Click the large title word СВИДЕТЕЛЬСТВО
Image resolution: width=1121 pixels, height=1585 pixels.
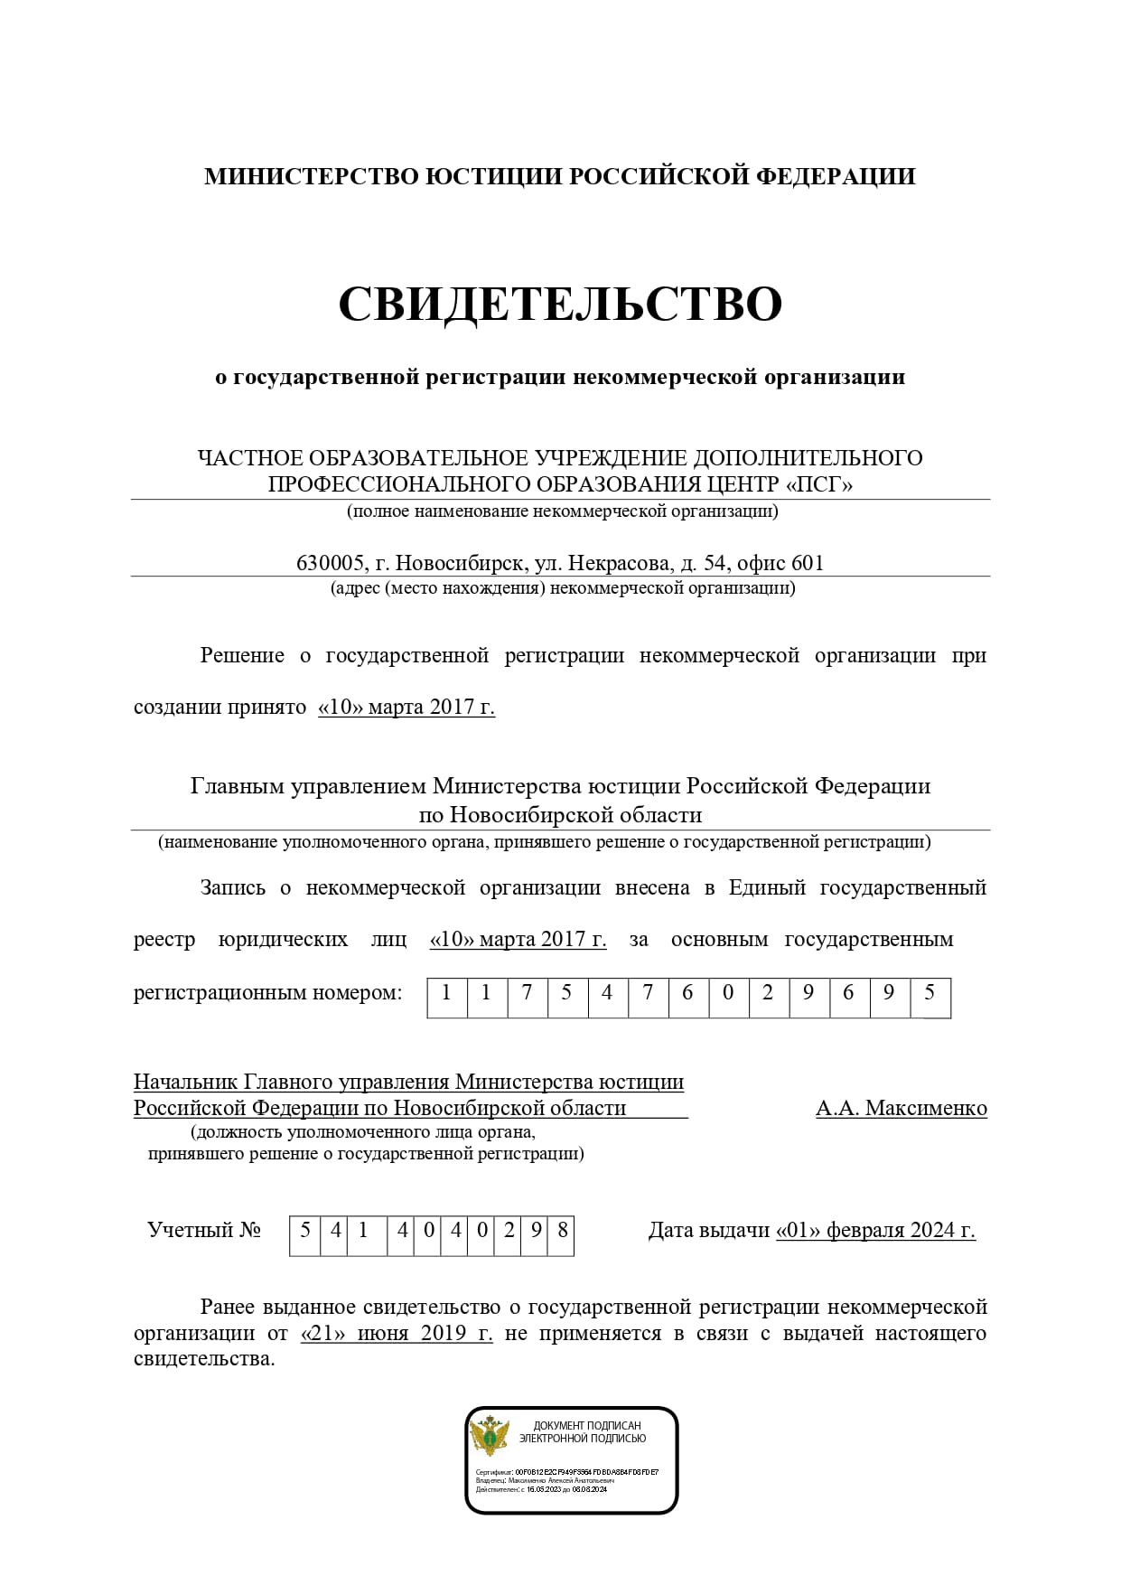(560, 304)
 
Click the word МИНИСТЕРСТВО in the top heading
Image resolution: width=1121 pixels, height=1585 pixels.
(312, 176)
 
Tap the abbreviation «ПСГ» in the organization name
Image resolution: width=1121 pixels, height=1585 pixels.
(819, 484)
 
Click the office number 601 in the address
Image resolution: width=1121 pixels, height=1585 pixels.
(808, 563)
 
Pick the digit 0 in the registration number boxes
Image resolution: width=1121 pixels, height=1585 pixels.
(728, 993)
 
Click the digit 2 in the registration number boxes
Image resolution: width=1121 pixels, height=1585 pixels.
(768, 993)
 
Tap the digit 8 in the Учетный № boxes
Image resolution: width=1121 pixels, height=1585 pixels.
(562, 1231)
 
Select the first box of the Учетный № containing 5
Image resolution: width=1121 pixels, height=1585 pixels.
(305, 1231)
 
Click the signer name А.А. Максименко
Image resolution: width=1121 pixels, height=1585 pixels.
(901, 1108)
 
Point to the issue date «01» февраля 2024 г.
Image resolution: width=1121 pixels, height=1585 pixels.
(875, 1231)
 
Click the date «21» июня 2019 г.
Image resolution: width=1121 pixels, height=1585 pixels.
(397, 1334)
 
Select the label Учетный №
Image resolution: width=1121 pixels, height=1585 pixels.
(204, 1231)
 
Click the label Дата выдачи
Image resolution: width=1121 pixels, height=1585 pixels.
(708, 1231)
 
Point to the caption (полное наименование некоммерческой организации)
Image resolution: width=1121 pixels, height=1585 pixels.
(562, 511)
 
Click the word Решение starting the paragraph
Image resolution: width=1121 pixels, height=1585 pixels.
(242, 655)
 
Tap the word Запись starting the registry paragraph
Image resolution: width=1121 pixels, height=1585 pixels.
(233, 887)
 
